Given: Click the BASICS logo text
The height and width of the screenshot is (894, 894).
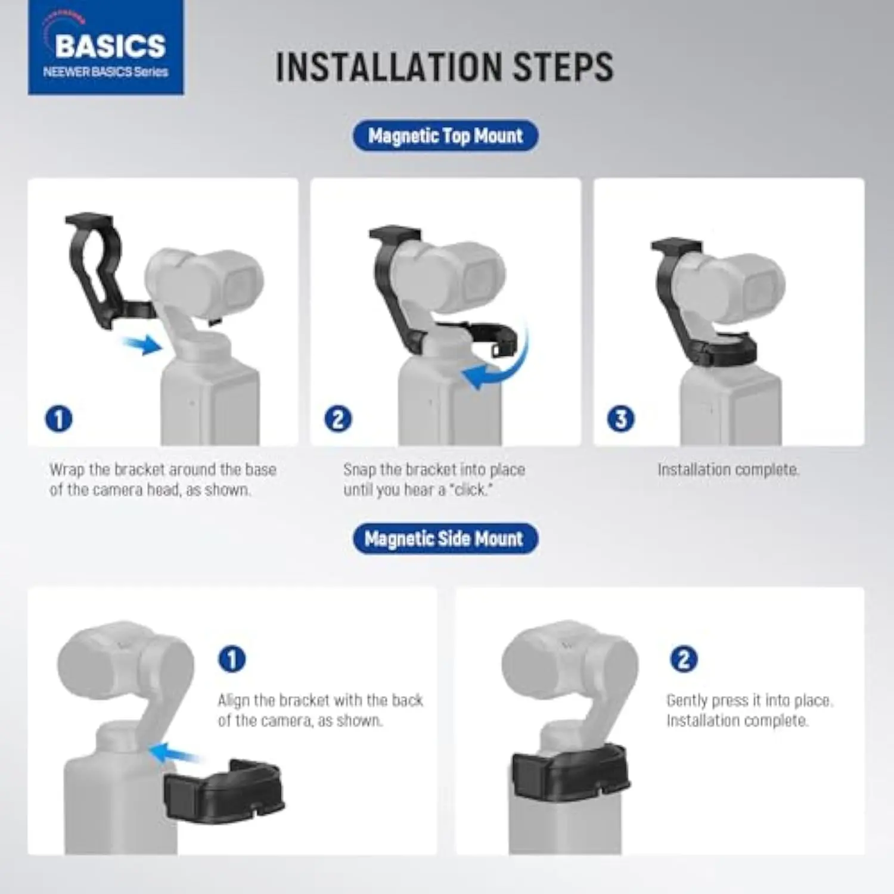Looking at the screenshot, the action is [110, 46].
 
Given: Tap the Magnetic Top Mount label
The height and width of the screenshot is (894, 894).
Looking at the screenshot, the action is [445, 136].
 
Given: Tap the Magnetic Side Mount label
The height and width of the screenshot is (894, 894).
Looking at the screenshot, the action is [445, 539].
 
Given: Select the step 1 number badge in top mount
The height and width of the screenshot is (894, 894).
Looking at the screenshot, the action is [58, 418].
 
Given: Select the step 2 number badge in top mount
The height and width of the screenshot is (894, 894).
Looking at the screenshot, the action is [338, 418].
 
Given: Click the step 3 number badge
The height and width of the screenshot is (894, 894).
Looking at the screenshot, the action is [620, 418].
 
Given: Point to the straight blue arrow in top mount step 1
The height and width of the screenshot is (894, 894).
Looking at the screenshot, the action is [142, 344].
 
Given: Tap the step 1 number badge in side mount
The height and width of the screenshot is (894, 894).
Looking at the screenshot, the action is [232, 659].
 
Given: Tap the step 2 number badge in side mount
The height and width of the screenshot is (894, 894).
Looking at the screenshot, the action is [684, 659].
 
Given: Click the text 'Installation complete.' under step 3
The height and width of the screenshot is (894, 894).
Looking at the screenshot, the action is [728, 470].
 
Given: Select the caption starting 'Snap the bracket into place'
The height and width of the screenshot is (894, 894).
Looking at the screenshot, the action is [434, 480].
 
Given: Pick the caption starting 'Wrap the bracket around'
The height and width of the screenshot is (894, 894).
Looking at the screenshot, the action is [163, 480].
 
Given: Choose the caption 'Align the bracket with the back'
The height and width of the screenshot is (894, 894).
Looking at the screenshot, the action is [320, 710].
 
